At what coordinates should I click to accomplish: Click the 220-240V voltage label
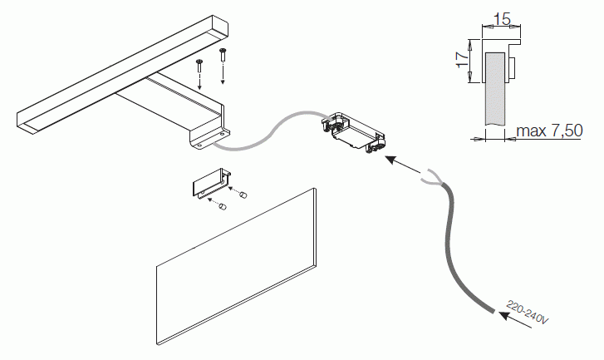pos(527,313)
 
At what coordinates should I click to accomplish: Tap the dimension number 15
pos(502,19)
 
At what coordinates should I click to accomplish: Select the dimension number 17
pos(462,59)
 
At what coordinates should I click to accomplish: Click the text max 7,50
pos(549,131)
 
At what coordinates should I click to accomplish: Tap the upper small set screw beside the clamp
pos(243,195)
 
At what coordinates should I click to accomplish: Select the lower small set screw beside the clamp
pos(223,206)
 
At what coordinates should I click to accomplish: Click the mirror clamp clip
pos(212,183)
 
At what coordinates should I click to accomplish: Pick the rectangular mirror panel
pos(237,266)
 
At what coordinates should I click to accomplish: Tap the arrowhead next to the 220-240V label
pos(504,315)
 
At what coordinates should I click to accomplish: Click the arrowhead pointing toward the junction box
pos(391,159)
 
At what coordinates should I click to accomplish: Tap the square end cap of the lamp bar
pos(218,27)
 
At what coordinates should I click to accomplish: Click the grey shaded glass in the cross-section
pos(495,89)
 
